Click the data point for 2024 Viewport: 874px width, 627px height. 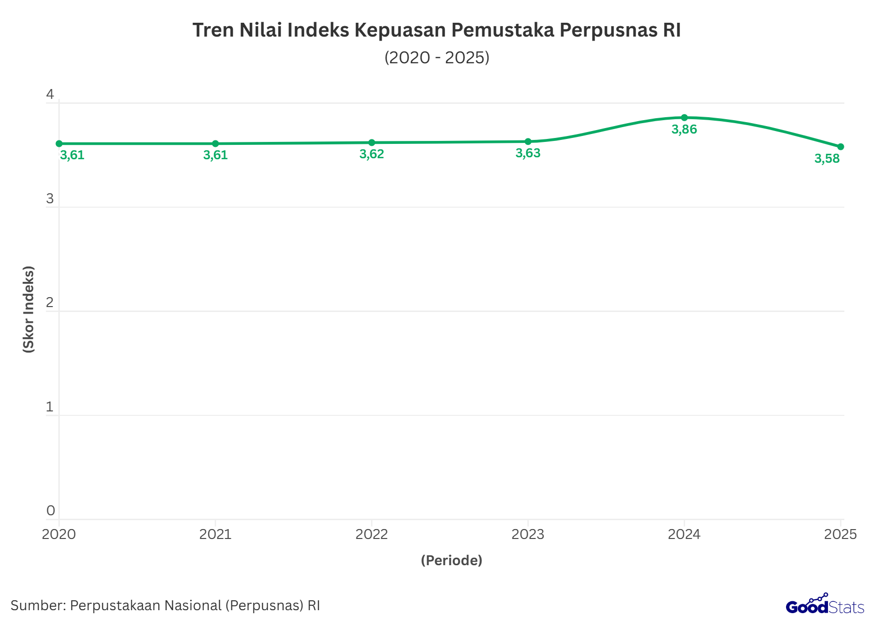coord(684,118)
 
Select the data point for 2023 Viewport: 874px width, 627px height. coord(528,141)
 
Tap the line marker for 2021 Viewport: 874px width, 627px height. coord(216,144)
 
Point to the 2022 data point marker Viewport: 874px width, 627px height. coord(372,142)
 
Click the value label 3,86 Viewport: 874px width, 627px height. coord(684,130)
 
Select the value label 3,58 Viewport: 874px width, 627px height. coord(827,159)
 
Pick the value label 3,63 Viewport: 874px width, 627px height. coord(528,153)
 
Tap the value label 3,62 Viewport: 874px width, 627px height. coord(372,154)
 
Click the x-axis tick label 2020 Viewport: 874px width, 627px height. coord(59,535)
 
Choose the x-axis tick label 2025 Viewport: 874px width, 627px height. coord(840,535)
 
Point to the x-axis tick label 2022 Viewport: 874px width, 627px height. coord(372,535)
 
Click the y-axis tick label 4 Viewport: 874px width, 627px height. coord(50,94)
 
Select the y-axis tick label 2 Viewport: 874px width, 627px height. coord(50,303)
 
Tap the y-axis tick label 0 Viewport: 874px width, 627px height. coord(50,511)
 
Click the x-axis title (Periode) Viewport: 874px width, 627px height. coord(451,560)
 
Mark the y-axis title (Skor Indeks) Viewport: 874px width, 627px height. coord(29,309)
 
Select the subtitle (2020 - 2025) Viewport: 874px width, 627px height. coord(437,57)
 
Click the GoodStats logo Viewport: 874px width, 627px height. coord(825,605)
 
